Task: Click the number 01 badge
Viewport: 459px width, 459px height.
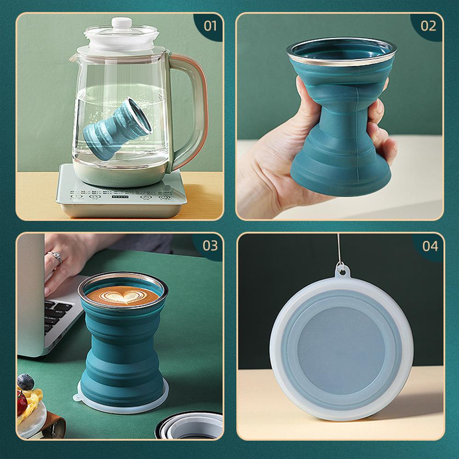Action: click(x=210, y=26)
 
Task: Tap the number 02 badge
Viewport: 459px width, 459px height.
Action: click(x=428, y=26)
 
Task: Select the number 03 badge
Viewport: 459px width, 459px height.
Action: click(x=210, y=246)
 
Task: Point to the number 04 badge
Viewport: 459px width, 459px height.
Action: click(x=430, y=246)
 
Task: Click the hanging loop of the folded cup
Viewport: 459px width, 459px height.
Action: click(x=341, y=270)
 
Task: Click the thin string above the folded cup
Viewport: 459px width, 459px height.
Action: click(x=338, y=248)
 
